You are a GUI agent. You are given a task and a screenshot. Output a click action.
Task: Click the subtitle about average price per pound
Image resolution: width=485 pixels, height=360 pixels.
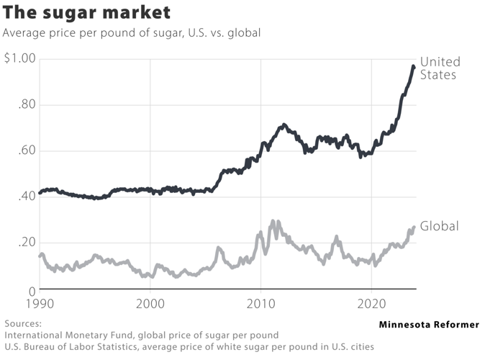(132, 33)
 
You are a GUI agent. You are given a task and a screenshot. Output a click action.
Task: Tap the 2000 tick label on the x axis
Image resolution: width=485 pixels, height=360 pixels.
(150, 305)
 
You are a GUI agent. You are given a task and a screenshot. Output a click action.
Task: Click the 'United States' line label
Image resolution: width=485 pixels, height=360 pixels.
(440, 68)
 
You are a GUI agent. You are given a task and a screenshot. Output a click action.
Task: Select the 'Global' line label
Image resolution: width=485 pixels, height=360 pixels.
(439, 227)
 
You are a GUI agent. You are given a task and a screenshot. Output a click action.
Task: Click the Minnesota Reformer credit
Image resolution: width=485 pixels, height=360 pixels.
(428, 325)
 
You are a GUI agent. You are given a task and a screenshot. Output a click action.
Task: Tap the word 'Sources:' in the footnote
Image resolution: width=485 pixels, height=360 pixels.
(23, 324)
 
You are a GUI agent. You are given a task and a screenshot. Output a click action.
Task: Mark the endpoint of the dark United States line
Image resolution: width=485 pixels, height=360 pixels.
(413, 67)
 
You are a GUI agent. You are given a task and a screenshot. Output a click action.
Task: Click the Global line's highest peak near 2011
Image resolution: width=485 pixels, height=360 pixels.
(273, 222)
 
